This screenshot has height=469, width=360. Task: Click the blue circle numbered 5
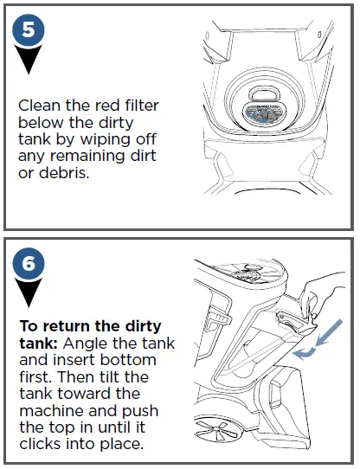point(29,29)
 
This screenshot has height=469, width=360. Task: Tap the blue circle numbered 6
point(29,263)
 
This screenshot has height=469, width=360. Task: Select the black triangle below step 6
point(29,292)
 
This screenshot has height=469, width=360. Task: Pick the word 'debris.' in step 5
point(64,172)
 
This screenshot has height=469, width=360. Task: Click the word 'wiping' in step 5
point(106,140)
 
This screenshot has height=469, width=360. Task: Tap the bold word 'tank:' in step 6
point(38,343)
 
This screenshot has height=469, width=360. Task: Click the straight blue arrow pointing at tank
point(329,332)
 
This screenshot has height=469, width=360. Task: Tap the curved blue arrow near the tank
point(305,353)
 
